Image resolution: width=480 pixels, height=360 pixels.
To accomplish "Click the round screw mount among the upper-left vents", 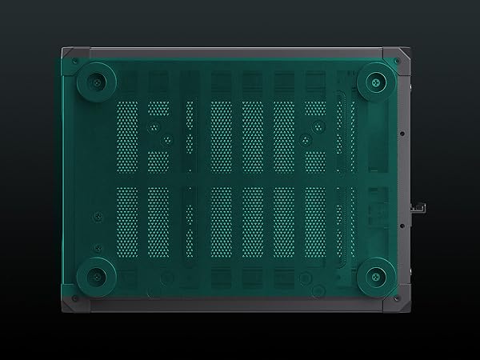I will click(x=164, y=137).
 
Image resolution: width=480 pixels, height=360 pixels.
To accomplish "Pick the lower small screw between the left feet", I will click(x=94, y=215).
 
